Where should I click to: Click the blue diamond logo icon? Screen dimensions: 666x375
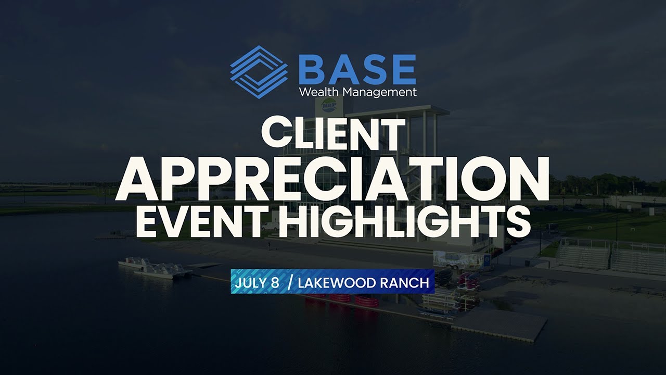(259, 72)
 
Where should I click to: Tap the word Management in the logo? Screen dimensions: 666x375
(380, 93)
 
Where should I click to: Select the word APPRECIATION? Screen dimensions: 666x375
(332, 179)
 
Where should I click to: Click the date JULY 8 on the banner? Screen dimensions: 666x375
(257, 282)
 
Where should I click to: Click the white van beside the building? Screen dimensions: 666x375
(271, 226)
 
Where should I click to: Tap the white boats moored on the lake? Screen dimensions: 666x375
(155, 268)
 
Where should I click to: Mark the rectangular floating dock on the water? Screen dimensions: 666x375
(499, 325)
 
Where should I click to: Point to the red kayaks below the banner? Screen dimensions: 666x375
(342, 301)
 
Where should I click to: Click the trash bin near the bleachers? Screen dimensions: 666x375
(527, 263)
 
